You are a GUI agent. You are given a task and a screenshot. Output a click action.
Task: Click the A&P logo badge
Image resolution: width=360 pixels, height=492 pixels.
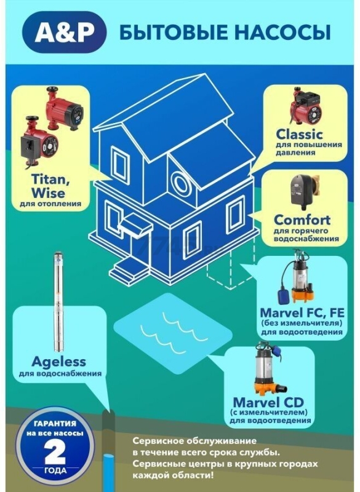point(65,32)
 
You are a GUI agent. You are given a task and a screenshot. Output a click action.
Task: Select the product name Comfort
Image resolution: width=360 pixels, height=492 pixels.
point(302,220)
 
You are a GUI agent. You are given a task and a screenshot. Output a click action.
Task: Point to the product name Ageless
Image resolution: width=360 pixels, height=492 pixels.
point(58,362)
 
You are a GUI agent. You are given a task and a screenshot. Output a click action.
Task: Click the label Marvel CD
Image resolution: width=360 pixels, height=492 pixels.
point(269,402)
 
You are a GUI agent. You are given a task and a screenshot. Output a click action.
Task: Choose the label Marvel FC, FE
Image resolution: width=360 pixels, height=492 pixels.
point(302,312)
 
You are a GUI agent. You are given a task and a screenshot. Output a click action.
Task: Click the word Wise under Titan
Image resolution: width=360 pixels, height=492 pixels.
point(49,193)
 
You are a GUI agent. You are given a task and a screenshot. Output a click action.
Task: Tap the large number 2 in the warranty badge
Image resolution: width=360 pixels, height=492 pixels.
point(55,451)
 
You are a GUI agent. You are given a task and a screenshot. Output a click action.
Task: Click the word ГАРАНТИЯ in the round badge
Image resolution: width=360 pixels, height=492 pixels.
point(55,423)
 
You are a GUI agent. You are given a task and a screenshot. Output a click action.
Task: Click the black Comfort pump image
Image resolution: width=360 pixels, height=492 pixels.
point(303,192)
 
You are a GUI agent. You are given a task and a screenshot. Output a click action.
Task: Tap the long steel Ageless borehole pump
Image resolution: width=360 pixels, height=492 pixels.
point(58,301)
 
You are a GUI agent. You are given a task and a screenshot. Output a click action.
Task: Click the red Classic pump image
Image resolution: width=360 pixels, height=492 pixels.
point(306,108)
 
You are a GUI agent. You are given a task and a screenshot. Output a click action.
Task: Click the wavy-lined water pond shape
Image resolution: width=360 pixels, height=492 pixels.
point(173,334)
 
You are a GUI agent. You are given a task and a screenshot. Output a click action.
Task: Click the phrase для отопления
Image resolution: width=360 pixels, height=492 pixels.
point(50,204)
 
